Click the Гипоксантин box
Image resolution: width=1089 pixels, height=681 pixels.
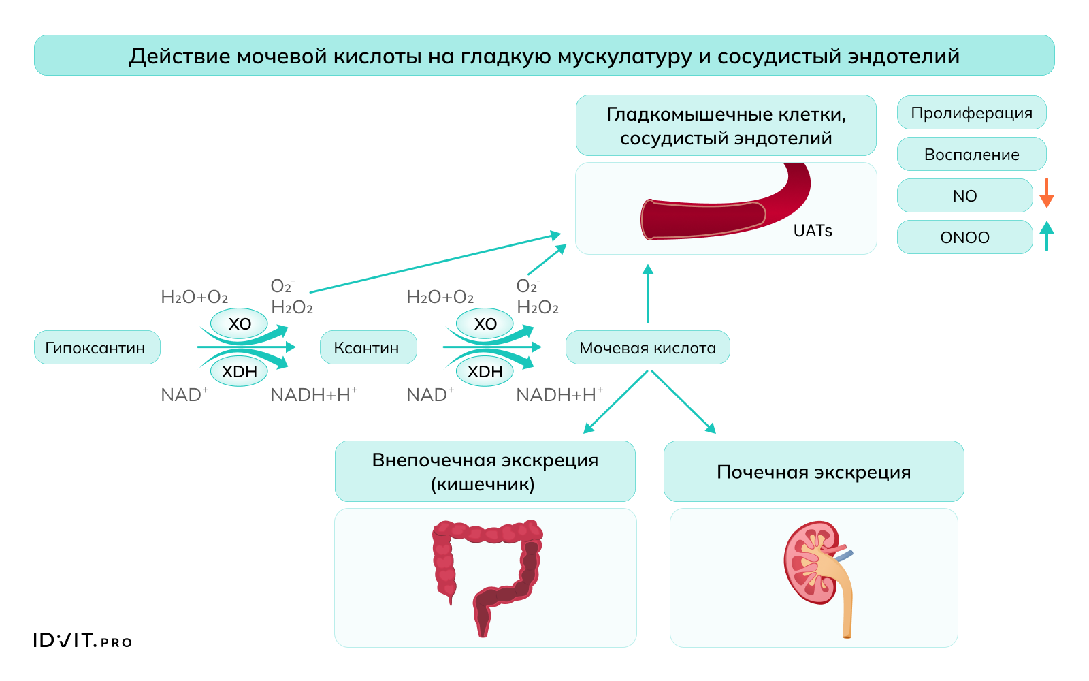click(97, 347)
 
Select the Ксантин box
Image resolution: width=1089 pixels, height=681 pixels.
click(368, 347)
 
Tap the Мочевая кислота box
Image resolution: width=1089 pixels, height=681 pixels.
click(647, 347)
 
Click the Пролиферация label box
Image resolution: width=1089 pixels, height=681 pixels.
click(971, 113)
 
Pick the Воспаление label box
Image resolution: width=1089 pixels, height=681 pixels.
click(971, 155)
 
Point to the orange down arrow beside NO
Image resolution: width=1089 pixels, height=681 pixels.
click(1047, 193)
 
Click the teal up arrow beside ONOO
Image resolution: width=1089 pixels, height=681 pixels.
click(1047, 236)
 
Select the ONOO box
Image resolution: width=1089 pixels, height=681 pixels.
click(964, 237)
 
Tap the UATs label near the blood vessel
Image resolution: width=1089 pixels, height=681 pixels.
click(813, 231)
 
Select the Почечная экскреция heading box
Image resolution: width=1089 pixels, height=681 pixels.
click(813, 471)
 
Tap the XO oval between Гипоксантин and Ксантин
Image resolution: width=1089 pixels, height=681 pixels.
click(240, 323)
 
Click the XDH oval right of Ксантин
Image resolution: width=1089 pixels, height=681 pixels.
click(485, 372)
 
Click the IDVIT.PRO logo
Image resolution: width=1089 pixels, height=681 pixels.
click(82, 640)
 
